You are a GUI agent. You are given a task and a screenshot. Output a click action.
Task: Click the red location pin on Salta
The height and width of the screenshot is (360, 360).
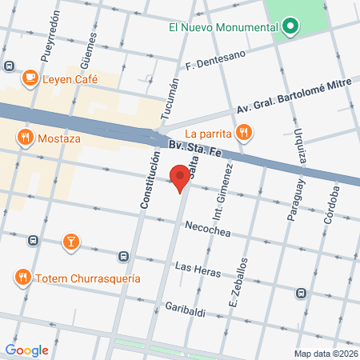181,177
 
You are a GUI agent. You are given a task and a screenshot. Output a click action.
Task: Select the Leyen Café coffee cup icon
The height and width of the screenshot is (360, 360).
30,78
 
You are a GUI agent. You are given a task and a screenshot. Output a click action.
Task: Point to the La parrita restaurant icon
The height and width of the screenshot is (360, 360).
246,132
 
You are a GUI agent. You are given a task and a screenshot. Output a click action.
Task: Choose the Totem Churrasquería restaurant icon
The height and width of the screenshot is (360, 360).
22,278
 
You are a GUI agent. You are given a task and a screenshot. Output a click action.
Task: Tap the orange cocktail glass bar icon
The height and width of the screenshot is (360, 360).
70,241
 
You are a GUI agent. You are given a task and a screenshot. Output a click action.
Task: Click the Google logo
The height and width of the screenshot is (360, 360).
26,350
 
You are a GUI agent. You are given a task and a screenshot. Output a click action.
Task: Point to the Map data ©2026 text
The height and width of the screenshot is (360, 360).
325,353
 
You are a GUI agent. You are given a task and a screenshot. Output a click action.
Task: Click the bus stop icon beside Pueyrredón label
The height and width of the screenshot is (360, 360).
9,66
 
